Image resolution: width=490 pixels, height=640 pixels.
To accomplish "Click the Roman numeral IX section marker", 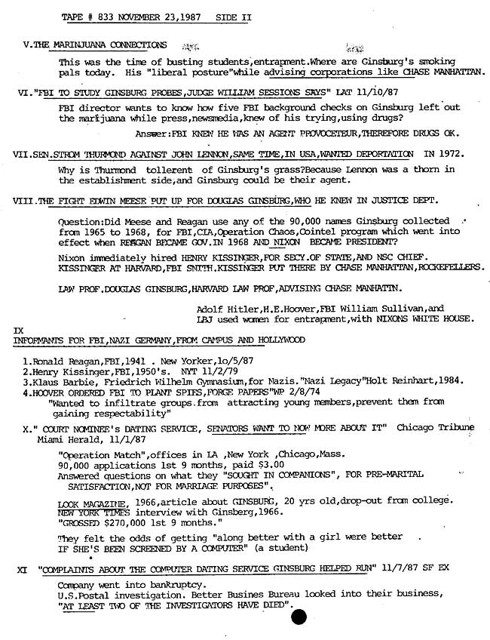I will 19,331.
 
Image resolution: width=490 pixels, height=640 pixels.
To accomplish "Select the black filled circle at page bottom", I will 299,617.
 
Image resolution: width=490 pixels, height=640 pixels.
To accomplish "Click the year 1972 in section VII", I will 440,153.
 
